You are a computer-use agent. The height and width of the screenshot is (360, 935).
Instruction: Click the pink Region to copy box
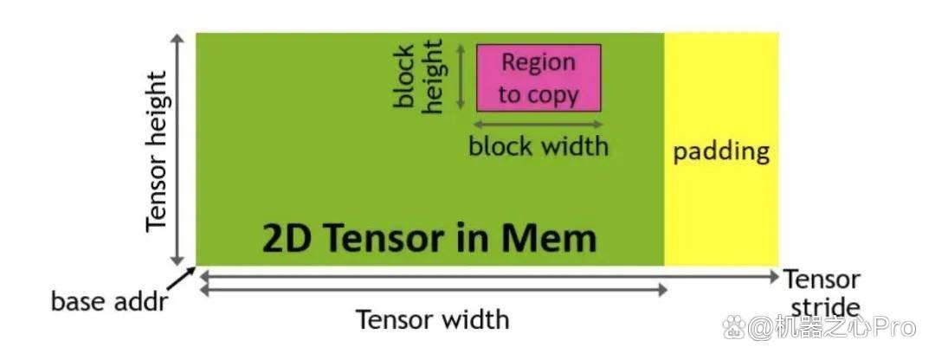coord(538,78)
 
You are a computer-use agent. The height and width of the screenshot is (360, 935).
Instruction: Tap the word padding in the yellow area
coord(721,152)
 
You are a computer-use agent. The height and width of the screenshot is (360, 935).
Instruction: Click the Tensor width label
coord(433,319)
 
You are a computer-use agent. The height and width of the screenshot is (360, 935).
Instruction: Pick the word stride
coord(825,307)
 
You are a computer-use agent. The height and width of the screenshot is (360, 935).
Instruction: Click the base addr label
coord(109,302)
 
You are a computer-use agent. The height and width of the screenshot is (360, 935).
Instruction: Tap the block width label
coord(538,145)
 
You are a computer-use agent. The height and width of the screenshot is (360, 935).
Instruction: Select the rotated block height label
coord(418,75)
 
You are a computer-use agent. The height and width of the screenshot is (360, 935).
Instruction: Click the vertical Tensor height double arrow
coord(177,150)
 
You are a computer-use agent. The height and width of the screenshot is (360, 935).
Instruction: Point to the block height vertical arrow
coord(461,78)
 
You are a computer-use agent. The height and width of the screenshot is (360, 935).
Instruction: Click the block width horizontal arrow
coord(538,124)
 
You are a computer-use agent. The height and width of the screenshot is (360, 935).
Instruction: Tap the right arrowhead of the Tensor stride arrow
coord(774,277)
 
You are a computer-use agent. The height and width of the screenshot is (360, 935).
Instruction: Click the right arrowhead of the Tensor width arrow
coord(662,290)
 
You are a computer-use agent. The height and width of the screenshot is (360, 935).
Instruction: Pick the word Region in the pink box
coord(538,62)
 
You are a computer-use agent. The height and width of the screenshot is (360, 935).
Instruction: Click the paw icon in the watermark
coord(735,327)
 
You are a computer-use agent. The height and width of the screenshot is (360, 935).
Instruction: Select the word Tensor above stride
coord(822,279)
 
